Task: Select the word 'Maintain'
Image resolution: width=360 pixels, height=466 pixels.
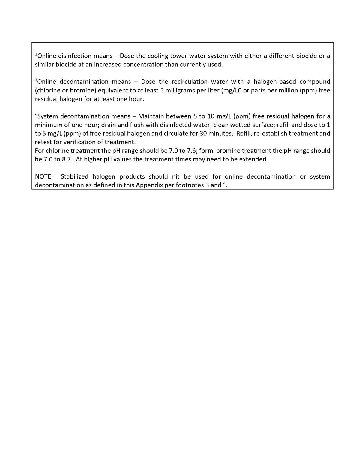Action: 150,116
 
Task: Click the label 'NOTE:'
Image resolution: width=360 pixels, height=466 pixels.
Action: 44,176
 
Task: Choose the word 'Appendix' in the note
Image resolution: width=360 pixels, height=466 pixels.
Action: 149,185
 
